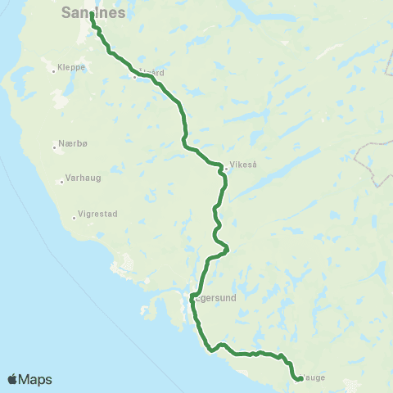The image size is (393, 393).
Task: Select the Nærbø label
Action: (x=72, y=142)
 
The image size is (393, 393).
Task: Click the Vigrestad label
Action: (x=98, y=215)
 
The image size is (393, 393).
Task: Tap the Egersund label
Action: (x=216, y=299)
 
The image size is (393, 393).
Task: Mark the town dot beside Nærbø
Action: (x=55, y=143)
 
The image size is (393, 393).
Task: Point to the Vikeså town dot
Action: (x=226, y=169)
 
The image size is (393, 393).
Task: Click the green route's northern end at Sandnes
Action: (x=92, y=13)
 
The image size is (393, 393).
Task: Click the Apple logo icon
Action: (x=13, y=379)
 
